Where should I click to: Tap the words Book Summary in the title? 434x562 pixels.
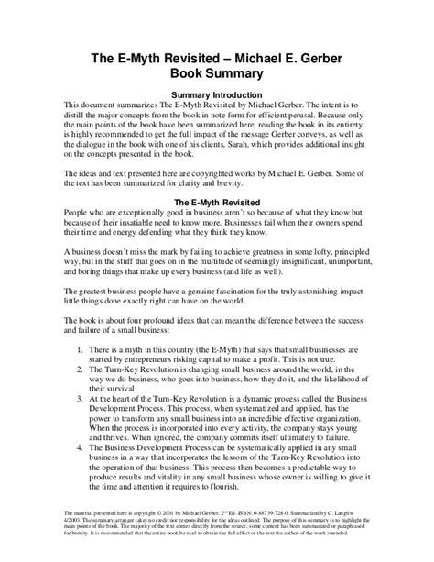point(217,72)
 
